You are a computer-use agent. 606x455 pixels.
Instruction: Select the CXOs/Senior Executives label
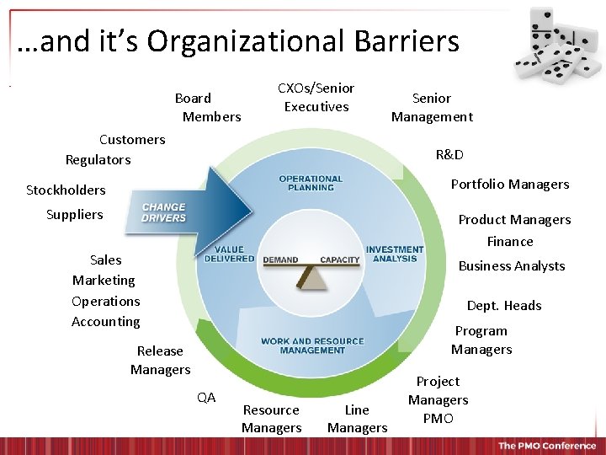[316, 97]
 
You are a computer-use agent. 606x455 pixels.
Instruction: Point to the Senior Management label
[432, 107]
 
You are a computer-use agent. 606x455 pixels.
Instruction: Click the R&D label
[449, 155]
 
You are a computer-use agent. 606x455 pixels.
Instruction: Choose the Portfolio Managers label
[510, 184]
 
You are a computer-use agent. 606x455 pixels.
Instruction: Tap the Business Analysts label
[511, 265]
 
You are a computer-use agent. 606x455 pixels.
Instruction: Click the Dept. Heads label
[504, 305]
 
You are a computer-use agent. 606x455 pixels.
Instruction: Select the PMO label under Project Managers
[438, 418]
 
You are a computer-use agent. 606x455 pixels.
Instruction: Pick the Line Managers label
[357, 419]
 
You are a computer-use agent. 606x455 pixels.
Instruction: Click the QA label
[206, 397]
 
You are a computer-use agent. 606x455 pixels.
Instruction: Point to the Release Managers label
[160, 360]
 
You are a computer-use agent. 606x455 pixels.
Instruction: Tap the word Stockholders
[66, 190]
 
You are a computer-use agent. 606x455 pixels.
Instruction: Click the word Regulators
[98, 159]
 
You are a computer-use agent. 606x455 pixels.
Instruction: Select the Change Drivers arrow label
[164, 212]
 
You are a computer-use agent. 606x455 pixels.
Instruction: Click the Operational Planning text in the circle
[311, 183]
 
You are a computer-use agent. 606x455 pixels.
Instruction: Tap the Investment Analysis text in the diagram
[395, 254]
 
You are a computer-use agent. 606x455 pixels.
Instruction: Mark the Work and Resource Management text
[312, 345]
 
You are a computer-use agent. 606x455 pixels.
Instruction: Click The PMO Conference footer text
[546, 446]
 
